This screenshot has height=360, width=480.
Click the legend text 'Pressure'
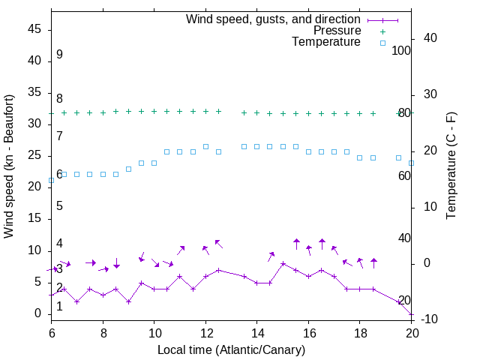[337, 31]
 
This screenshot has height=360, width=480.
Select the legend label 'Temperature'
[326, 42]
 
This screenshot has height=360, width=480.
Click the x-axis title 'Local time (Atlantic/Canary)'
[231, 350]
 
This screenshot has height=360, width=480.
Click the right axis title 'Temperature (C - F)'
[451, 166]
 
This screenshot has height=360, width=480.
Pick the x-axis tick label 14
[256, 332]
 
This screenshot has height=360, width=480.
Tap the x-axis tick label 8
[103, 332]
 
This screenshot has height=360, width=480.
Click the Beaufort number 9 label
[59, 55]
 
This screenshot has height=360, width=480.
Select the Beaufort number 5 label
[59, 206]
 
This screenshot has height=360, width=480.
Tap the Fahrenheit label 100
[401, 50]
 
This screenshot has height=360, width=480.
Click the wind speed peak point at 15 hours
[283, 264]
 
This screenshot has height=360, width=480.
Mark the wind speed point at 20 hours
[412, 314]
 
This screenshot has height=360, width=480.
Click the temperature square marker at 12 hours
[205, 146]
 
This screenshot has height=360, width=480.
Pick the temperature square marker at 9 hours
[128, 169]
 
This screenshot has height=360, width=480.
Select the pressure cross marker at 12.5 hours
[218, 111]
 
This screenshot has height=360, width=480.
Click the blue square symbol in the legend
[382, 43]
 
